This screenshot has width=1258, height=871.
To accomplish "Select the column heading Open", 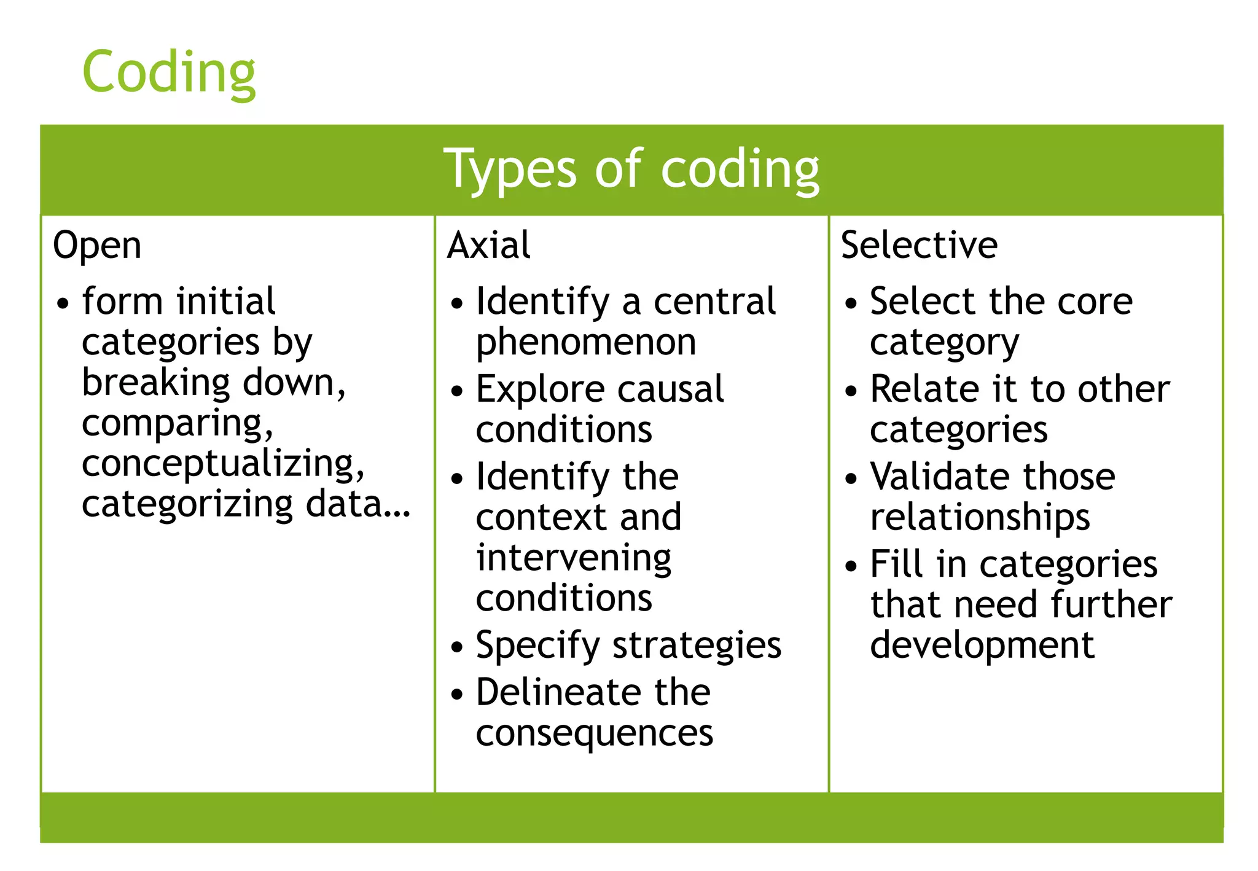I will tap(97, 246).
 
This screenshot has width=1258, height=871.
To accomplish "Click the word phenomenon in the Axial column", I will tap(586, 342).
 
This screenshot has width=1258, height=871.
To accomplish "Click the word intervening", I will tap(574, 558).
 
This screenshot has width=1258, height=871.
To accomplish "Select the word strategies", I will tap(697, 646).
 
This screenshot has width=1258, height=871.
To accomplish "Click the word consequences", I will tap(594, 733).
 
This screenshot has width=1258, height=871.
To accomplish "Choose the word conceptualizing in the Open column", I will tap(222, 464).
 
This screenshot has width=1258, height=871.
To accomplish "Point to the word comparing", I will tap(177, 423).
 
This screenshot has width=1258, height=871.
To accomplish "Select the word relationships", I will tap(980, 517).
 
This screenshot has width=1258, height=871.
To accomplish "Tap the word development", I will tap(982, 646).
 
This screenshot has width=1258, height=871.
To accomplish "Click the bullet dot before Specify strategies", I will tap(456, 647).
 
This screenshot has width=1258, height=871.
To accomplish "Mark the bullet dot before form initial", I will tap(62, 303).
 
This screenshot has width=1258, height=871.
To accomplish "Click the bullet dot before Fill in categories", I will tap(850, 566).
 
